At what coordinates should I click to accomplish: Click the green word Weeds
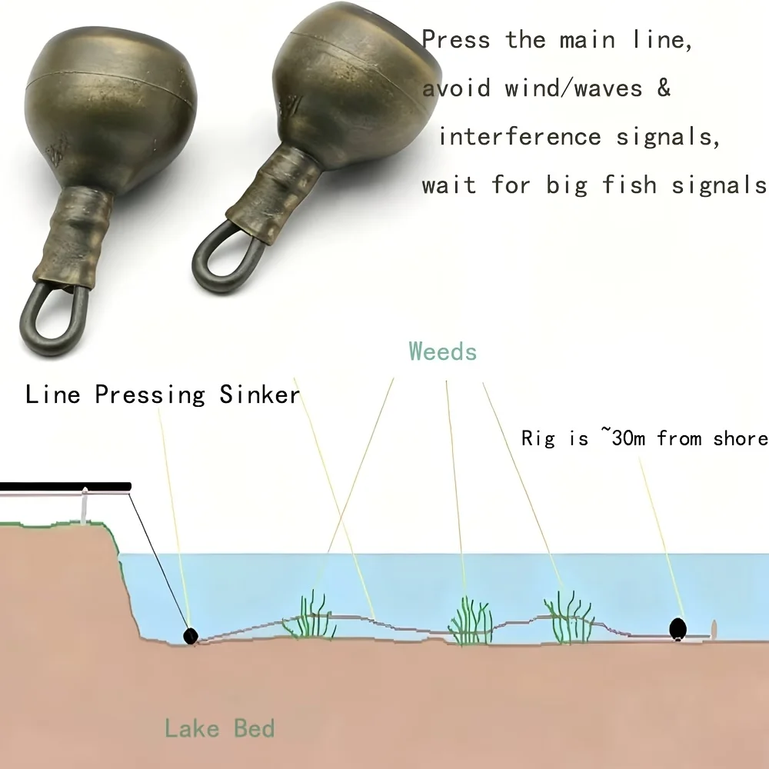coord(443,351)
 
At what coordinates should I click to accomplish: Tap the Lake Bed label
coord(219,728)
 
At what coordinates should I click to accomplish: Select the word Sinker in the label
coord(259,394)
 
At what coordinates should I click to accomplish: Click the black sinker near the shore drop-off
coord(190,636)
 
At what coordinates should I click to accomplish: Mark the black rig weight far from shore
coord(677,629)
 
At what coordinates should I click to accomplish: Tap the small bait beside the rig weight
coord(714,630)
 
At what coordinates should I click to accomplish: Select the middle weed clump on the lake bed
coord(471,621)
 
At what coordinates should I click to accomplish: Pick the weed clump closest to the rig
coord(569,617)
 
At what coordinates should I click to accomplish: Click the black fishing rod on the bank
coord(65,487)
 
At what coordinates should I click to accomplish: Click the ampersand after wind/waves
coord(664,88)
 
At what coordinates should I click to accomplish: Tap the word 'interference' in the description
coord(520,136)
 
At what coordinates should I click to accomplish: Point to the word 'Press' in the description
coord(456,39)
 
